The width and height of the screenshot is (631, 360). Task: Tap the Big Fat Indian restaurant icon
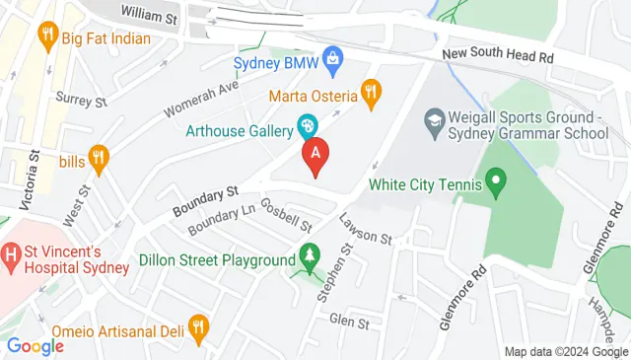pos(45,38)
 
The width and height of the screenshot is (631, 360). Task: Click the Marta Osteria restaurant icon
pos(371,94)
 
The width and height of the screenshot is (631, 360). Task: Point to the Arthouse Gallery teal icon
pos(308,127)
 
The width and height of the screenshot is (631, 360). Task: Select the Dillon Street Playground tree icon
pos(310,258)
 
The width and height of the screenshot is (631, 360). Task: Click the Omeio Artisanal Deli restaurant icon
pos(198,326)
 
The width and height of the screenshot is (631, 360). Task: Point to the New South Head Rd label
pos(497,57)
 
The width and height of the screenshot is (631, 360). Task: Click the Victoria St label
pos(34,182)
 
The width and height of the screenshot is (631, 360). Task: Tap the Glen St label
pos(348,322)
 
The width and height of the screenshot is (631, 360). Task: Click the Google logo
pos(35,345)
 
